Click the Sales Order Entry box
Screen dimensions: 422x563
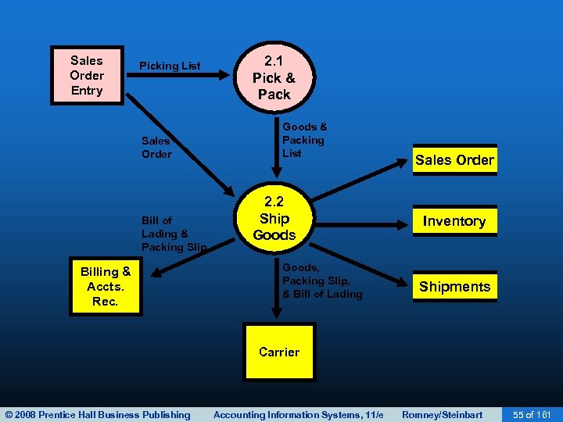(x=87, y=75)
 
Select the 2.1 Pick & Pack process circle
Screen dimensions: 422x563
(x=274, y=77)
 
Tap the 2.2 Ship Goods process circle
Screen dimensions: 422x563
(x=274, y=218)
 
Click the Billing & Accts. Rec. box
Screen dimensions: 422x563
(x=106, y=286)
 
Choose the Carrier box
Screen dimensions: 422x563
(x=279, y=352)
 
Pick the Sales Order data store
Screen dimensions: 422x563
(x=454, y=160)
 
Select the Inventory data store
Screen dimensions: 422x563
(x=454, y=221)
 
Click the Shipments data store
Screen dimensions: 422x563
(x=454, y=286)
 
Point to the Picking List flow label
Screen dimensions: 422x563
(x=170, y=66)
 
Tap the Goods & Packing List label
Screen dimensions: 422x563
(x=304, y=139)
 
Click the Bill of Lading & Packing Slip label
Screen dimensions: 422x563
(x=174, y=234)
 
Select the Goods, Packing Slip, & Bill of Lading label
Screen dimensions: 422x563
(x=322, y=281)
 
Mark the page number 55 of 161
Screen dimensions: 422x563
(x=532, y=414)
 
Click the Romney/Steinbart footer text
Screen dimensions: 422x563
(x=442, y=414)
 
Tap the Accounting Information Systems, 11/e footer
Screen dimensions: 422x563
(x=298, y=414)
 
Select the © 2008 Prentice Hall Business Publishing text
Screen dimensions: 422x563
(x=97, y=414)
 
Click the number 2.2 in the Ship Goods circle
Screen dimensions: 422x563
(x=274, y=202)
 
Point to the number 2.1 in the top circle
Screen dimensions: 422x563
(x=274, y=62)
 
